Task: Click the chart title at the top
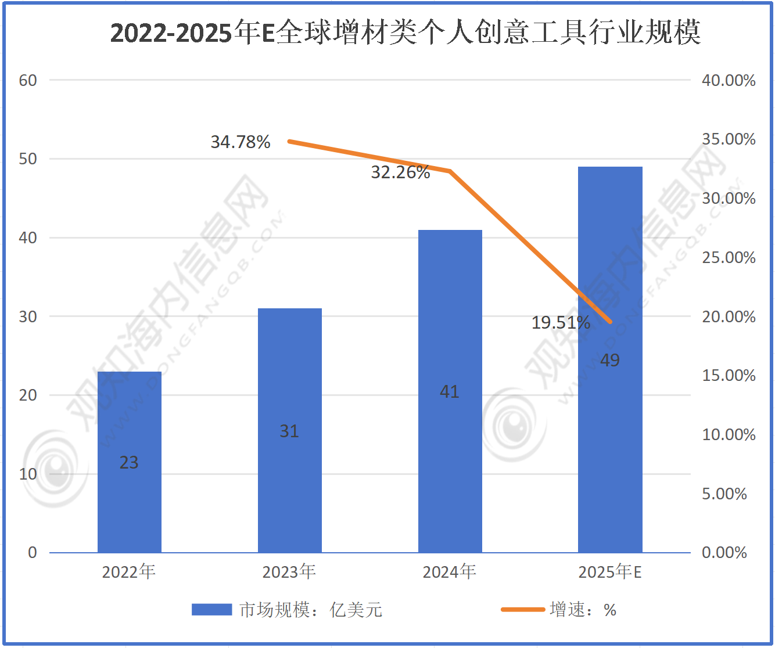(406, 33)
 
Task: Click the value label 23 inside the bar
(129, 463)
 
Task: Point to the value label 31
(289, 431)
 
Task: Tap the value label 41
(450, 392)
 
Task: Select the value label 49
(610, 361)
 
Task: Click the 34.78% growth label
(241, 142)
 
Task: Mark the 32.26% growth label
(400, 172)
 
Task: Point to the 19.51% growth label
(561, 323)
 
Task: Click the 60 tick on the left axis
(28, 81)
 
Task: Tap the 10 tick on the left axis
(28, 474)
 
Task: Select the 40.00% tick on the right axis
(729, 81)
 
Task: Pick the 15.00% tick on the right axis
(729, 376)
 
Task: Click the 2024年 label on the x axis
(450, 573)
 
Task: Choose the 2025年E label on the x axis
(610, 573)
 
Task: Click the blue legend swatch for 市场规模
(212, 610)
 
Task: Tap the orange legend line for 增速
(523, 610)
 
